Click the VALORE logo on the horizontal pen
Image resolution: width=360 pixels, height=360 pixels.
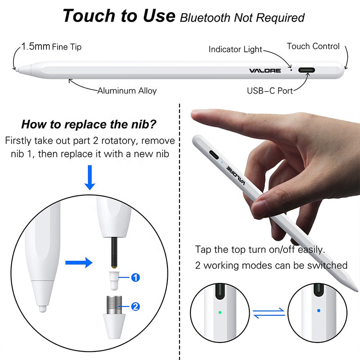coord(265,71)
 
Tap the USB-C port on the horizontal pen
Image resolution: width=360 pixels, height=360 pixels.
coord(306,70)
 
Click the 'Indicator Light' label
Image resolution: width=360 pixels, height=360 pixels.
coord(235,49)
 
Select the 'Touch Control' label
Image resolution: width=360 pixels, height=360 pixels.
coord(313,46)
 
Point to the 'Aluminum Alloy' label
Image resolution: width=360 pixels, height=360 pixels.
coord(127,91)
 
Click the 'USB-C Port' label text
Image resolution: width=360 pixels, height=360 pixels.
coord(270,91)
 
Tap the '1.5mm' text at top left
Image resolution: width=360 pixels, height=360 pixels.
coord(36,46)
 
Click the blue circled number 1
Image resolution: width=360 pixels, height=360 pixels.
coord(135,277)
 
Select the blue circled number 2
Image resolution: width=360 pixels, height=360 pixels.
coord(135,306)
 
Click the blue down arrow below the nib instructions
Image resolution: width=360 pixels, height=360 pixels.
coord(90,177)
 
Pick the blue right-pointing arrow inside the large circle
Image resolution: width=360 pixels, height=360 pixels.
coord(79,263)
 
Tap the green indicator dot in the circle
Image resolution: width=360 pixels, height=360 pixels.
coord(220,312)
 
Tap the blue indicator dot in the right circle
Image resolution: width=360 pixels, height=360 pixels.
coord(319,310)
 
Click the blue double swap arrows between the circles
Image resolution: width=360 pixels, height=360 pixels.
coord(269,313)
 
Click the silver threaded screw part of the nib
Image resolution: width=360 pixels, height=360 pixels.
coord(114,305)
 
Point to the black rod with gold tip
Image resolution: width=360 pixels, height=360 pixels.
coord(114,252)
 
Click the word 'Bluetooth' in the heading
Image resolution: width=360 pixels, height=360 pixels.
coord(205,18)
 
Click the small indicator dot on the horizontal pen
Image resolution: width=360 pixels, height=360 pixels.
coord(291,70)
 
